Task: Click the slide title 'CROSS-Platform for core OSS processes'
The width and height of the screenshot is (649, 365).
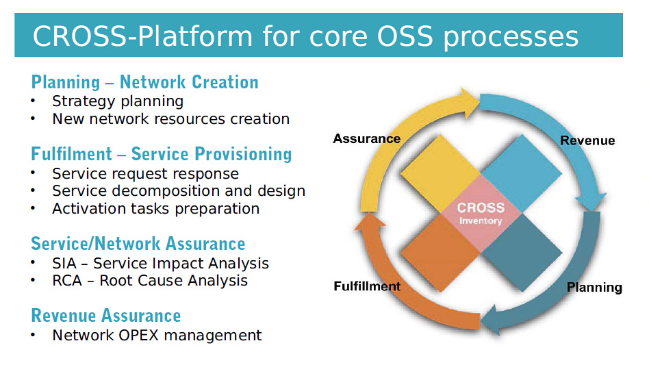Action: pyautogui.click(x=305, y=36)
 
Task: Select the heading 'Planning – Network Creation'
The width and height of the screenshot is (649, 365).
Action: pyautogui.click(x=145, y=82)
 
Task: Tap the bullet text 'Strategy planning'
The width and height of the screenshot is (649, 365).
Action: pyautogui.click(x=118, y=101)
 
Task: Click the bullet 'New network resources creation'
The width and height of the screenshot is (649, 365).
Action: pyautogui.click(x=171, y=119)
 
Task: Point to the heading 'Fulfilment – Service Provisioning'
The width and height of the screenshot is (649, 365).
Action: pyautogui.click(x=162, y=154)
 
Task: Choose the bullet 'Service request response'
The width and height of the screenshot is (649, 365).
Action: pyautogui.click(x=146, y=174)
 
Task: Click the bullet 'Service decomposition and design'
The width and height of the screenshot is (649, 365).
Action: pyautogui.click(x=179, y=191)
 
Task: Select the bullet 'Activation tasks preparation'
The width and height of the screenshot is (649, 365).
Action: pyautogui.click(x=156, y=209)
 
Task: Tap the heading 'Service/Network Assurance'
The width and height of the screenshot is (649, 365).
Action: pyautogui.click(x=138, y=244)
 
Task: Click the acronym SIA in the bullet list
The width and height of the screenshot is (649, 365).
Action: pyautogui.click(x=64, y=263)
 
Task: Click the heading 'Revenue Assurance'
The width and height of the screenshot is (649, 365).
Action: pyautogui.click(x=106, y=316)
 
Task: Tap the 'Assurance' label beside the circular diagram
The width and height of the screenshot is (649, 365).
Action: pyautogui.click(x=367, y=138)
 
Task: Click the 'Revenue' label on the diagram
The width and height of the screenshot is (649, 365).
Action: pyautogui.click(x=587, y=140)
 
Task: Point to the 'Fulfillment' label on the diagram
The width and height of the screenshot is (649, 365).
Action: pyautogui.click(x=367, y=286)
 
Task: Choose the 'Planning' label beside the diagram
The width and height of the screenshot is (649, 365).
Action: pyautogui.click(x=594, y=287)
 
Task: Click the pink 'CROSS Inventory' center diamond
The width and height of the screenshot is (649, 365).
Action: pyautogui.click(x=481, y=213)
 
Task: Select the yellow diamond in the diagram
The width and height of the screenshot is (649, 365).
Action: pyautogui.click(x=440, y=173)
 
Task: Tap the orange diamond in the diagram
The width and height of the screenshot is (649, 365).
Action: pyautogui.click(x=440, y=253)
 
